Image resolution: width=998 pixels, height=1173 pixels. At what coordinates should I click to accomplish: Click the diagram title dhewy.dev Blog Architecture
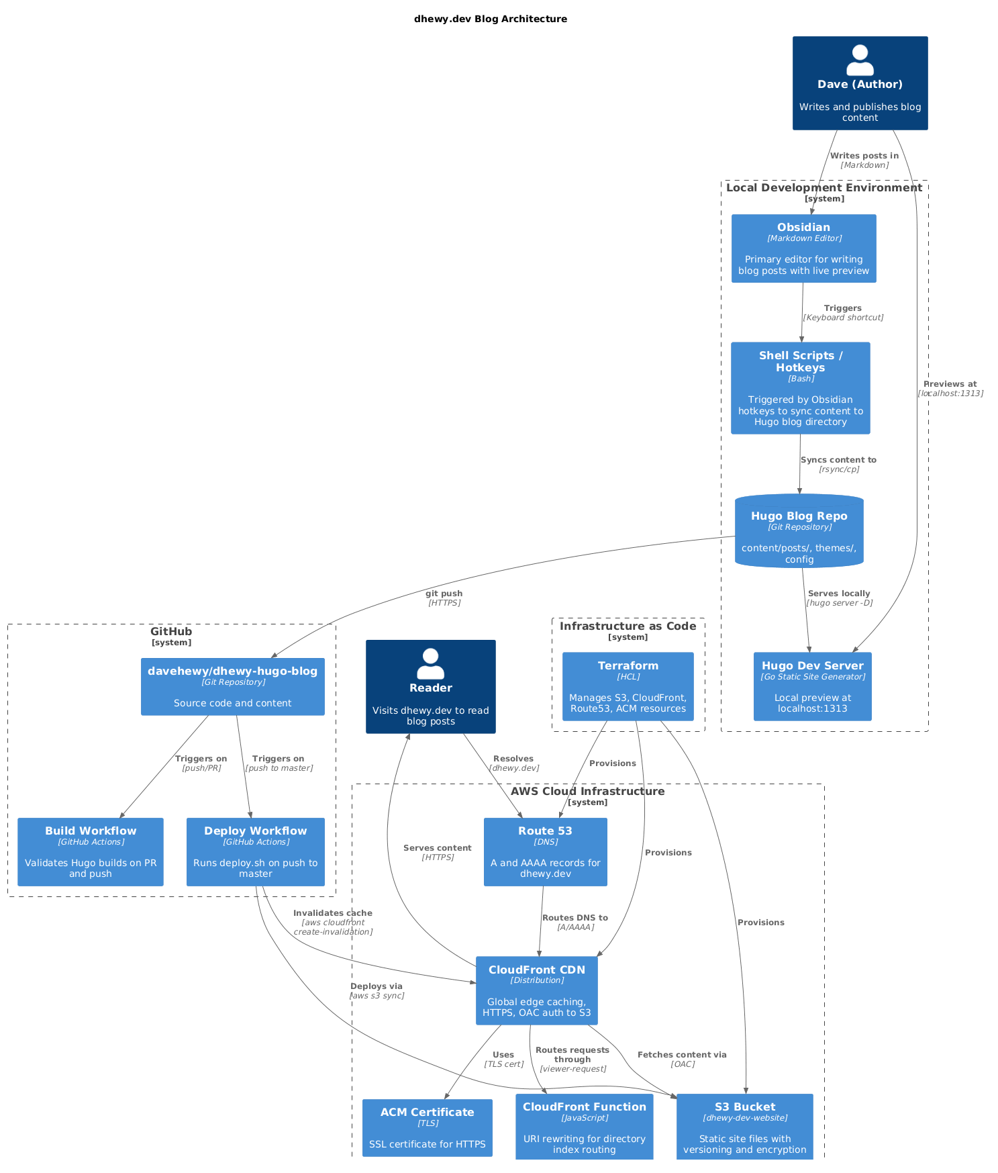coord(490,19)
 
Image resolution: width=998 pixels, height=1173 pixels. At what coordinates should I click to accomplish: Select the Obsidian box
coord(803,248)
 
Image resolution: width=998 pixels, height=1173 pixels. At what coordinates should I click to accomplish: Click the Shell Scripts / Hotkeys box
coord(800,388)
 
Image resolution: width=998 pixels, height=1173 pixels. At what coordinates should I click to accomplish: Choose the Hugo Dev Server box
coord(812,686)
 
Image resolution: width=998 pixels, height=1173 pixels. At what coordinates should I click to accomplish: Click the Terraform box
coord(628,686)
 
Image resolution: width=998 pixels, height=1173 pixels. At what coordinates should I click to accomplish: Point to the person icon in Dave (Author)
coord(860,60)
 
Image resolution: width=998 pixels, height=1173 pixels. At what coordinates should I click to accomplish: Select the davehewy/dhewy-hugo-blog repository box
coord(232,686)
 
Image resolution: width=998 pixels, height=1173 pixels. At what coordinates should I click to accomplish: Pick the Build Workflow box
coord(91,851)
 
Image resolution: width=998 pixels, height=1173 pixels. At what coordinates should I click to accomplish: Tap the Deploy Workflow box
coord(255,851)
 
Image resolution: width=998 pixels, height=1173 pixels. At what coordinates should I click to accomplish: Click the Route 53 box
coord(545,851)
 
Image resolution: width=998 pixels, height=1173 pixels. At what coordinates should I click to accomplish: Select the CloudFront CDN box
coord(536,990)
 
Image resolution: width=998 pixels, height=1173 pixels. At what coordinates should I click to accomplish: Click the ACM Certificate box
coord(427,1127)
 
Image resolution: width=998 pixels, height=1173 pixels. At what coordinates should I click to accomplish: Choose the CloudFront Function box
coord(584,1127)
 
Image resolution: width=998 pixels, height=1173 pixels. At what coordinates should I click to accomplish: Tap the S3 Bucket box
coord(744,1127)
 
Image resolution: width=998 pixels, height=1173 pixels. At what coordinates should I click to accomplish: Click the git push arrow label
coord(444,594)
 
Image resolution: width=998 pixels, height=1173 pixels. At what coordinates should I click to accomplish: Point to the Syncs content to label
coord(838,460)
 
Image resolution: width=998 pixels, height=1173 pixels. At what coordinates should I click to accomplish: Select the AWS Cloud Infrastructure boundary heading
coord(587,792)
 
